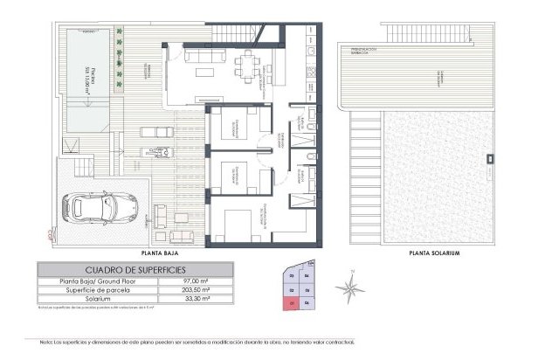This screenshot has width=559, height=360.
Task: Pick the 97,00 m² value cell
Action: (x=215, y=280)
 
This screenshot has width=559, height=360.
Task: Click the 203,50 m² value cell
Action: (x=214, y=290)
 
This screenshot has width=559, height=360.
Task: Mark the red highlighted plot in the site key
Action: (x=291, y=303)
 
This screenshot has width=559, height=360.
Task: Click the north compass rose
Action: (x=351, y=286)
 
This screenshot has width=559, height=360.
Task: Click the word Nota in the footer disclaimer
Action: (x=45, y=342)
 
